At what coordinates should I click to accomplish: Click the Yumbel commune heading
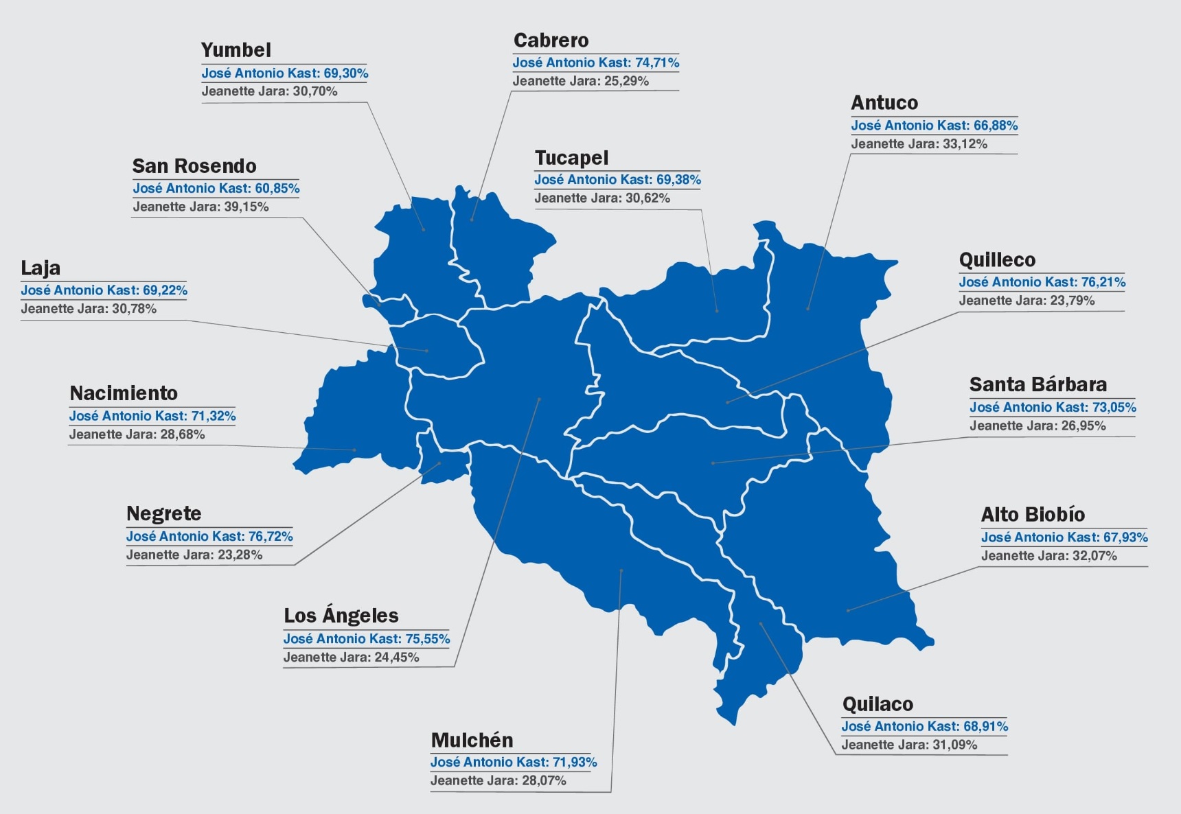(x=236, y=50)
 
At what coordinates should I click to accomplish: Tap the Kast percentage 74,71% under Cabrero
(x=595, y=62)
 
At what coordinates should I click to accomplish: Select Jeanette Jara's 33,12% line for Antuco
(x=919, y=144)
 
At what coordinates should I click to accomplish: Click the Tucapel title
(x=571, y=158)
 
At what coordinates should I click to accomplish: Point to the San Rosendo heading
(x=194, y=166)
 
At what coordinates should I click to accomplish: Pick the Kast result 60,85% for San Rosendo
(x=216, y=188)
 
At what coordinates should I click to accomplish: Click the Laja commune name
(x=41, y=268)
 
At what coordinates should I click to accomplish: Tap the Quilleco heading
(x=997, y=260)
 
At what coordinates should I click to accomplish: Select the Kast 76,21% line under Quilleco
(x=1042, y=282)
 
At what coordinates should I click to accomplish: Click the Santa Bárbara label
(x=1037, y=384)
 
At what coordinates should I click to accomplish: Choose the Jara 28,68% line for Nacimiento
(x=137, y=434)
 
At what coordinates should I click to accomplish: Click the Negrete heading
(x=163, y=514)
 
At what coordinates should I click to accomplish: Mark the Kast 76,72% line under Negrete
(x=209, y=536)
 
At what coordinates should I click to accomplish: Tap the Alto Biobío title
(x=1033, y=515)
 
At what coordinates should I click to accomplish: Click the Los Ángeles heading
(x=341, y=616)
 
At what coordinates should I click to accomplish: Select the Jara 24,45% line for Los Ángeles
(x=351, y=658)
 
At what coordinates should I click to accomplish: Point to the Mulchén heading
(x=472, y=740)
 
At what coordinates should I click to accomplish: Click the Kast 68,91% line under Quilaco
(x=924, y=726)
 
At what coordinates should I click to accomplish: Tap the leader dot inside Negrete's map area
(x=440, y=463)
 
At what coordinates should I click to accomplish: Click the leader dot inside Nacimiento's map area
(x=355, y=450)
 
